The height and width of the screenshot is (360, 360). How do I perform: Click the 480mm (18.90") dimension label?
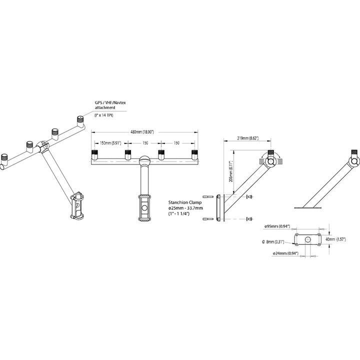point(142,131)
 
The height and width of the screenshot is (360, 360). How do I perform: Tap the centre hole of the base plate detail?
point(307,239)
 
